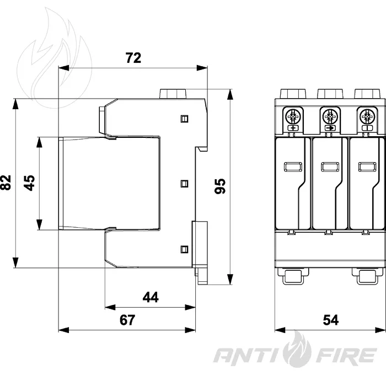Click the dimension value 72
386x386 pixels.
133,58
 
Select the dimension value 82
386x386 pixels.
6,183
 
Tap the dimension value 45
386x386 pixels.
29,183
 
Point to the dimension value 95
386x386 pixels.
220,186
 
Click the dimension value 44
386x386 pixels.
151,297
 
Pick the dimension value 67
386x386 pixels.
127,320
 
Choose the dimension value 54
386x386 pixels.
331,320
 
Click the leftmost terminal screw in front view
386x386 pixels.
293,116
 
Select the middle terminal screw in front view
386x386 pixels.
330,116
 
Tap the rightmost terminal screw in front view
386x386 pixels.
367,116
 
